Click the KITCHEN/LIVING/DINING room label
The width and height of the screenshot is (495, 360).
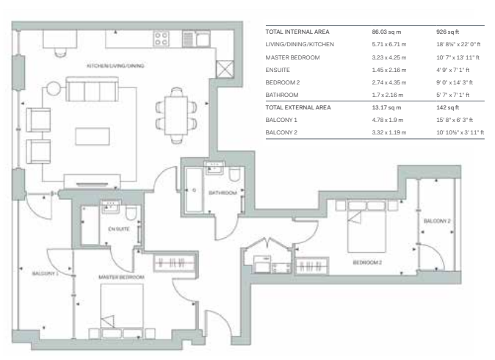(x=115, y=65)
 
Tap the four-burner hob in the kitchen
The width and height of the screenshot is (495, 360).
(x=161, y=38)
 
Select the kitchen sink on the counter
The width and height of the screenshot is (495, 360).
(x=196, y=39)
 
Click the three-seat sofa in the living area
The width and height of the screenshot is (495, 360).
(x=92, y=89)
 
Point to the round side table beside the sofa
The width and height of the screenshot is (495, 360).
(x=53, y=88)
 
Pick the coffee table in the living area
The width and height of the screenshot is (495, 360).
(x=93, y=136)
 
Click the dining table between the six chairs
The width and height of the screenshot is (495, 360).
(x=176, y=115)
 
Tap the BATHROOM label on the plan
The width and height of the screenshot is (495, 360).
(x=223, y=192)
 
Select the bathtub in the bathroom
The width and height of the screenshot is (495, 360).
(x=194, y=190)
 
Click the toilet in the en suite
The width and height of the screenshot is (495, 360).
(x=131, y=213)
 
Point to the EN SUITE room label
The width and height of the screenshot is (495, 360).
(x=119, y=229)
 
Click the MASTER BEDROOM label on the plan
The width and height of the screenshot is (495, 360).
(x=121, y=277)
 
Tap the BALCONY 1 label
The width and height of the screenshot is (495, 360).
(x=45, y=273)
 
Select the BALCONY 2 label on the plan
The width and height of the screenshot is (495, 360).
(x=437, y=220)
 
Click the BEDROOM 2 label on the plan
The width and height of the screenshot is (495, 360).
(x=367, y=262)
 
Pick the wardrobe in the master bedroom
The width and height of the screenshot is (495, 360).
(x=174, y=263)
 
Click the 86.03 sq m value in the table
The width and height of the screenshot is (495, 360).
(x=386, y=32)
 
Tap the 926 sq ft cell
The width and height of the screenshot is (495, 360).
(x=448, y=32)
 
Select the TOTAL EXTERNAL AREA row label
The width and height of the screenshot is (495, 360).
(x=298, y=107)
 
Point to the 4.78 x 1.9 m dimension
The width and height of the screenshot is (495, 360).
(x=388, y=120)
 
